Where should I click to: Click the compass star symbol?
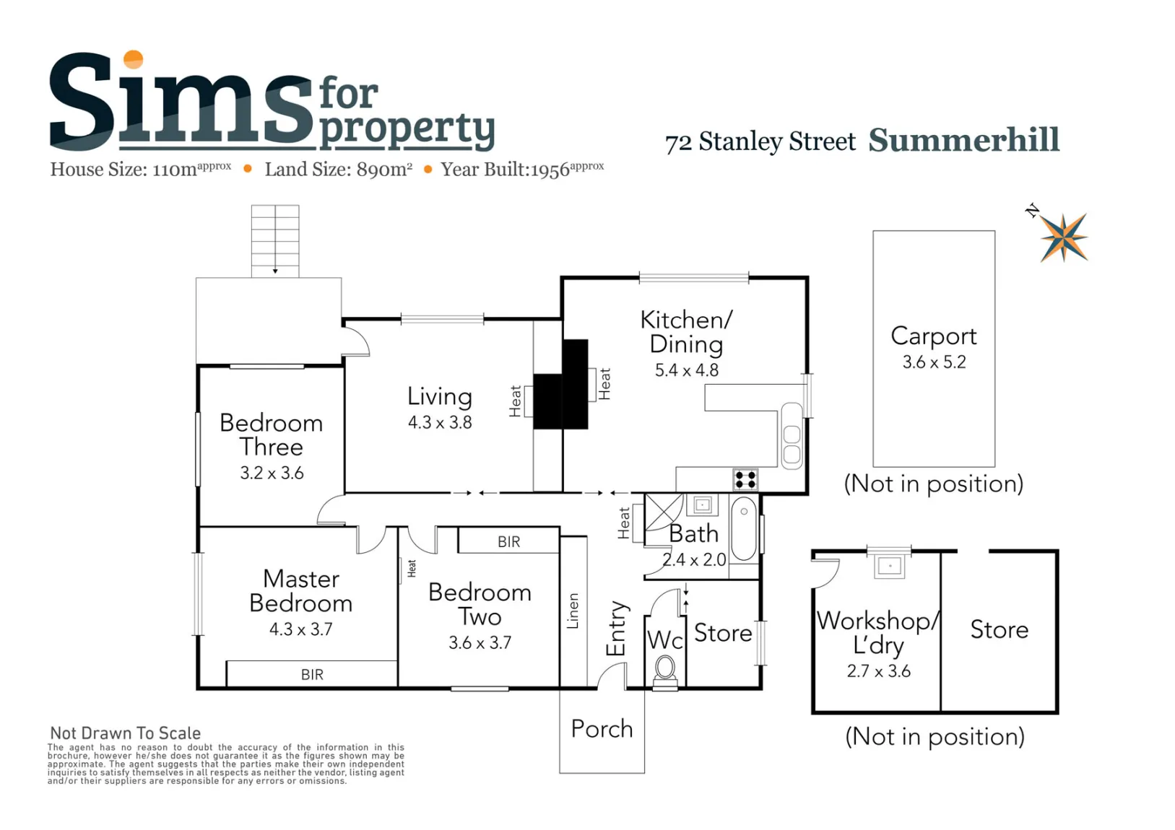coord(1064,237)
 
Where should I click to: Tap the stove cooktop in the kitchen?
coord(745,479)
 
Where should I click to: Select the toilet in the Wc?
coord(665,672)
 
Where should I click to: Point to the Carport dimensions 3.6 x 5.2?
coord(934,362)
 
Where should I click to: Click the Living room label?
coord(440,396)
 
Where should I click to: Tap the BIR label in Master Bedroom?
coord(312,674)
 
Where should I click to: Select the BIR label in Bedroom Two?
coord(509,541)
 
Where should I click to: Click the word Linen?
coord(573,611)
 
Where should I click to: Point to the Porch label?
coord(602,729)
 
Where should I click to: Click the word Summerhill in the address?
coord(963,140)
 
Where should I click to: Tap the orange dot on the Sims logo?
coord(134,59)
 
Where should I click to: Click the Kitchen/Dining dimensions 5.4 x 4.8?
coord(687,370)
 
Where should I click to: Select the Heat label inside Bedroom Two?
coord(412,568)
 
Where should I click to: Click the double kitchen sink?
coord(792,436)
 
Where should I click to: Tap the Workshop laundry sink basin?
coord(889,567)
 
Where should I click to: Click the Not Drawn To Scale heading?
coord(126,733)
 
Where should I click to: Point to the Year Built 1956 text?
coord(522,169)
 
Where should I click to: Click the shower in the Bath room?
coord(664,512)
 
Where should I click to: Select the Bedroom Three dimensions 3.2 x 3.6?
coord(272,473)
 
